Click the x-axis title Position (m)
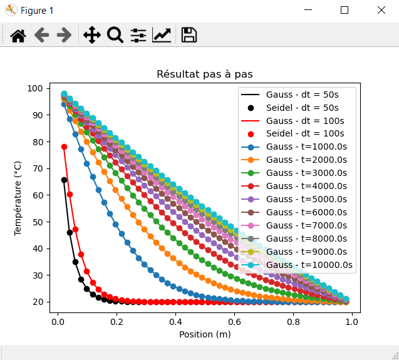(x=205, y=334)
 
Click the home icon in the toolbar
(x=18, y=35)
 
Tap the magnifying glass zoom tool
(x=115, y=35)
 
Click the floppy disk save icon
(x=189, y=35)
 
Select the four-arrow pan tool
(x=91, y=35)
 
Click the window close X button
(x=381, y=10)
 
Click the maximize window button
(x=345, y=10)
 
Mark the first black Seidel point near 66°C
(x=64, y=180)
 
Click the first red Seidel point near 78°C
(x=64, y=147)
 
